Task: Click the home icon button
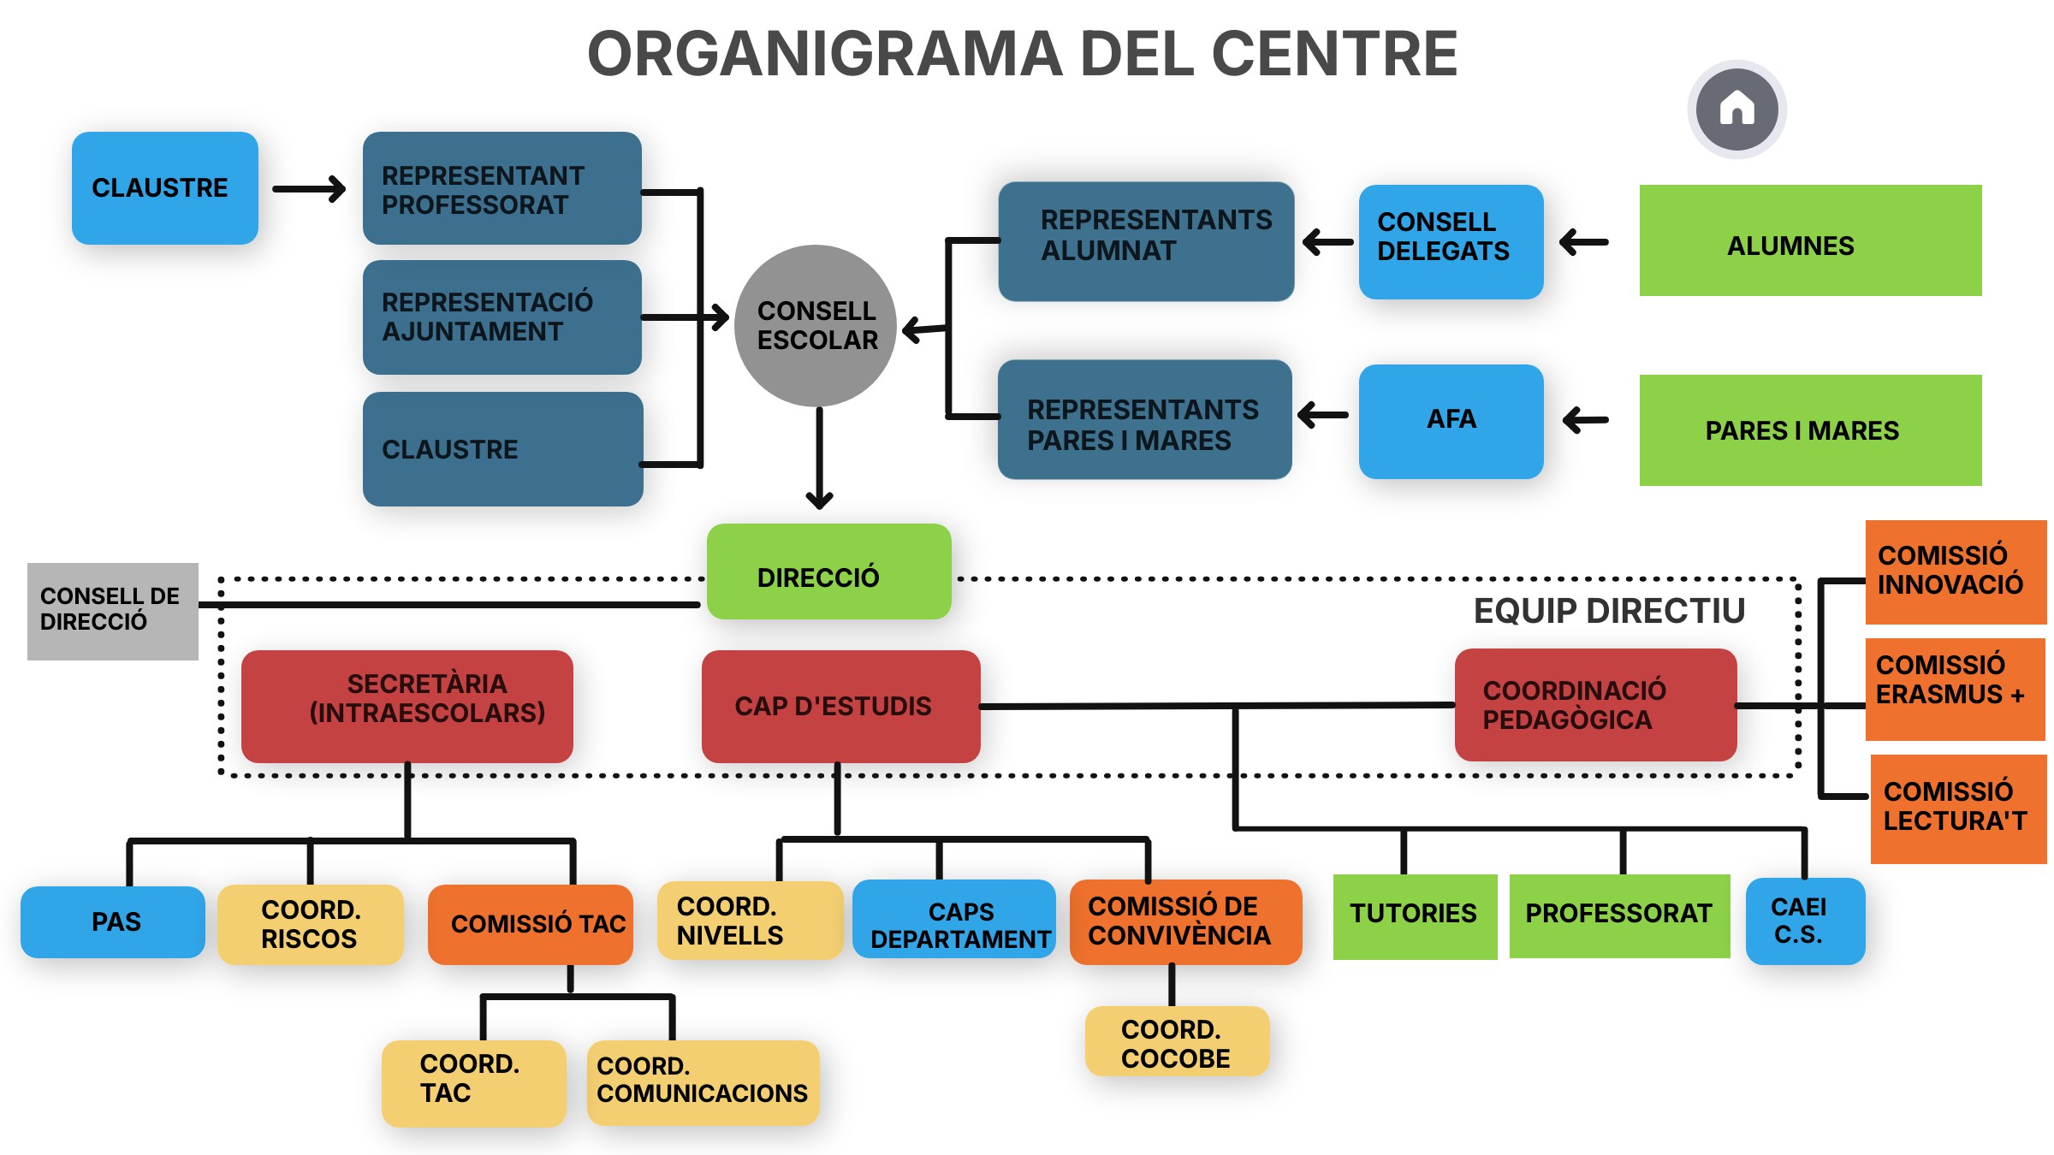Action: coord(1736,110)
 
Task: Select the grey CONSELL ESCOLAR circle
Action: coord(816,326)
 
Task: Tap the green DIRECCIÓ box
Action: coord(828,572)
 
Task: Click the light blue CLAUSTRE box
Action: coord(164,188)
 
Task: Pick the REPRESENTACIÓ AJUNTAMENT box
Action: coord(502,317)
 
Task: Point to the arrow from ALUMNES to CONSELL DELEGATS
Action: coord(1584,243)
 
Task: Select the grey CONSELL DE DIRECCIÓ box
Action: coord(112,611)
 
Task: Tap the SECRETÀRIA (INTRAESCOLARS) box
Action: coord(407,706)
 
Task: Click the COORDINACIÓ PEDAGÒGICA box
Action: coord(1595,705)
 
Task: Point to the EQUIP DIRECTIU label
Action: coord(1609,611)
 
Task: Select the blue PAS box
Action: coord(113,921)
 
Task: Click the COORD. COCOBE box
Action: coord(1177,1042)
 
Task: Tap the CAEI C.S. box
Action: coord(1804,921)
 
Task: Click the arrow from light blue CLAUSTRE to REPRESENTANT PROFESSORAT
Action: coord(309,189)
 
